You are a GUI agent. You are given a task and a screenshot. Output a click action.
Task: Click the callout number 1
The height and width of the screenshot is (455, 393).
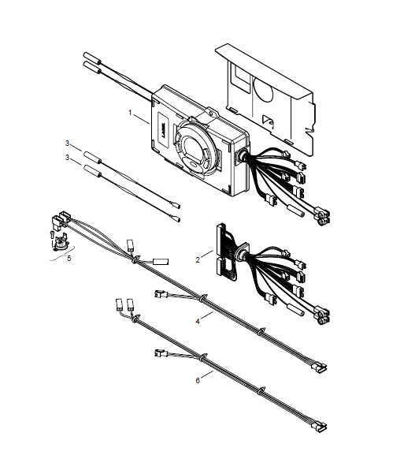coord(130,113)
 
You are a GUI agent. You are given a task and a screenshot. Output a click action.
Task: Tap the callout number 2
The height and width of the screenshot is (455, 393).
coord(198,259)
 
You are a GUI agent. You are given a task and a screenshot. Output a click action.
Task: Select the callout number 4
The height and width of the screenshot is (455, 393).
coord(198,321)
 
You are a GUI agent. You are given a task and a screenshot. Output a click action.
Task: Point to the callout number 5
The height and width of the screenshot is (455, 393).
coord(69,258)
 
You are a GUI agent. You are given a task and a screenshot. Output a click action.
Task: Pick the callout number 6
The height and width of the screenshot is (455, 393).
coord(198,380)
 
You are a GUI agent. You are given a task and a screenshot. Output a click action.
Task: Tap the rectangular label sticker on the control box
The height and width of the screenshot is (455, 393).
coord(161,127)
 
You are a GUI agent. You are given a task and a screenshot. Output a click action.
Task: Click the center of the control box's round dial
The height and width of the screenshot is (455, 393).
coord(194,147)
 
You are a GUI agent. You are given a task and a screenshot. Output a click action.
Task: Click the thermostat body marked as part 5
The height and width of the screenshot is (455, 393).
coord(61,243)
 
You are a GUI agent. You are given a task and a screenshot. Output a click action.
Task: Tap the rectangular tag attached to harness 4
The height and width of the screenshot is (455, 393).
coord(161,262)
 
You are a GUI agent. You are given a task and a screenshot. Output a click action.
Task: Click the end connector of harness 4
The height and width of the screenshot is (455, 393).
coord(319,367)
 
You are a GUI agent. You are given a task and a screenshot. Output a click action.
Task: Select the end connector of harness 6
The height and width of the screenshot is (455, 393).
coord(319,425)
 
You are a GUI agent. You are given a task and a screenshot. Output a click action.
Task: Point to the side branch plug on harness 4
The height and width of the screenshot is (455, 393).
coord(161,295)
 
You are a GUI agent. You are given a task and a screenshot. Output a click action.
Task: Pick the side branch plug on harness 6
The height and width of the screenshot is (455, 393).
coord(161,353)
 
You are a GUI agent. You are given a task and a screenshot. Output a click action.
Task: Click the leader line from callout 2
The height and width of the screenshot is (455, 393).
coord(207,254)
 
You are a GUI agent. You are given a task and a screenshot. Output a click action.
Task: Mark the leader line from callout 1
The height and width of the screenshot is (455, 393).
coord(142,119)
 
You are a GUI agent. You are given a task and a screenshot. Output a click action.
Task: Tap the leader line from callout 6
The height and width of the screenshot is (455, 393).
coord(207,375)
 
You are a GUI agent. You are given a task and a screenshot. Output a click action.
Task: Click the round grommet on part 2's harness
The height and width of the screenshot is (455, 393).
coord(241,252)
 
